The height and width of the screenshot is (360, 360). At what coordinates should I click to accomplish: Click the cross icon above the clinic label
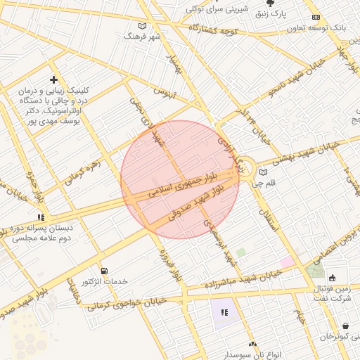coord(54,80)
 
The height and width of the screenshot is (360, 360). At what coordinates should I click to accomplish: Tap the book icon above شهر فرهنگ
coord(131,35)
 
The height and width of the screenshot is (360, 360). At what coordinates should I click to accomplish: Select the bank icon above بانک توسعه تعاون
coord(316,18)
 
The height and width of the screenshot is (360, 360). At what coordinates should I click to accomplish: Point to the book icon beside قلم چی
coord(264,172)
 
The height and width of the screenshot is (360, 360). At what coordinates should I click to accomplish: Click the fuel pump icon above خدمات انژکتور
coord(104,271)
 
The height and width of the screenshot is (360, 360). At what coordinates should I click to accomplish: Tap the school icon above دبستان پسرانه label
coord(41,217)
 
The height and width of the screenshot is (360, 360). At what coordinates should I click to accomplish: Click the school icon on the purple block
coord(224,311)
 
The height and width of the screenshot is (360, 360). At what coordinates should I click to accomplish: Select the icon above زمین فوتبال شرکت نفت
coord(332,278)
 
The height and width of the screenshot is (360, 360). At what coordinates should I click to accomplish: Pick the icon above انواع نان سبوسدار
coord(252,344)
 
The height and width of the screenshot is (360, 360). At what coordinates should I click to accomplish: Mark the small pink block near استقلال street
coord(288,262)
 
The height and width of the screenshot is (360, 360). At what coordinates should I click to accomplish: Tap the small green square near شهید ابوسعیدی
coord(241,252)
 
